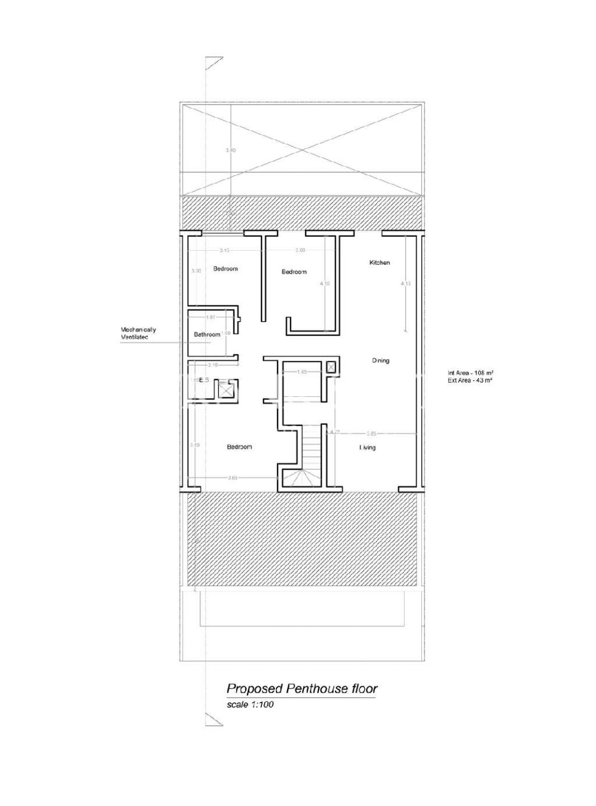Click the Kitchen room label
click(x=379, y=263)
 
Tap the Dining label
click(x=381, y=361)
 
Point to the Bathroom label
click(x=207, y=335)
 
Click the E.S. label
click(x=204, y=379)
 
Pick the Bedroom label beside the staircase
click(x=239, y=447)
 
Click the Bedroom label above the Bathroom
click(x=225, y=269)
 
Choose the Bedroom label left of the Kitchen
click(x=294, y=272)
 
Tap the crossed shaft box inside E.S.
click(x=225, y=389)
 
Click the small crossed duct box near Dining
click(x=331, y=367)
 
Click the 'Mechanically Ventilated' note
click(x=138, y=333)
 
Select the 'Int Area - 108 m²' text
click(x=471, y=373)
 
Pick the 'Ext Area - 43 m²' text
click(x=470, y=381)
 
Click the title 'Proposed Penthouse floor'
click(x=301, y=689)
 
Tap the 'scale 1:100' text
click(x=250, y=705)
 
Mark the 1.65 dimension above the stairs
click(x=301, y=372)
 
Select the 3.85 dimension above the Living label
click(x=372, y=434)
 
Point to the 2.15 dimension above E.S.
click(x=213, y=365)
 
